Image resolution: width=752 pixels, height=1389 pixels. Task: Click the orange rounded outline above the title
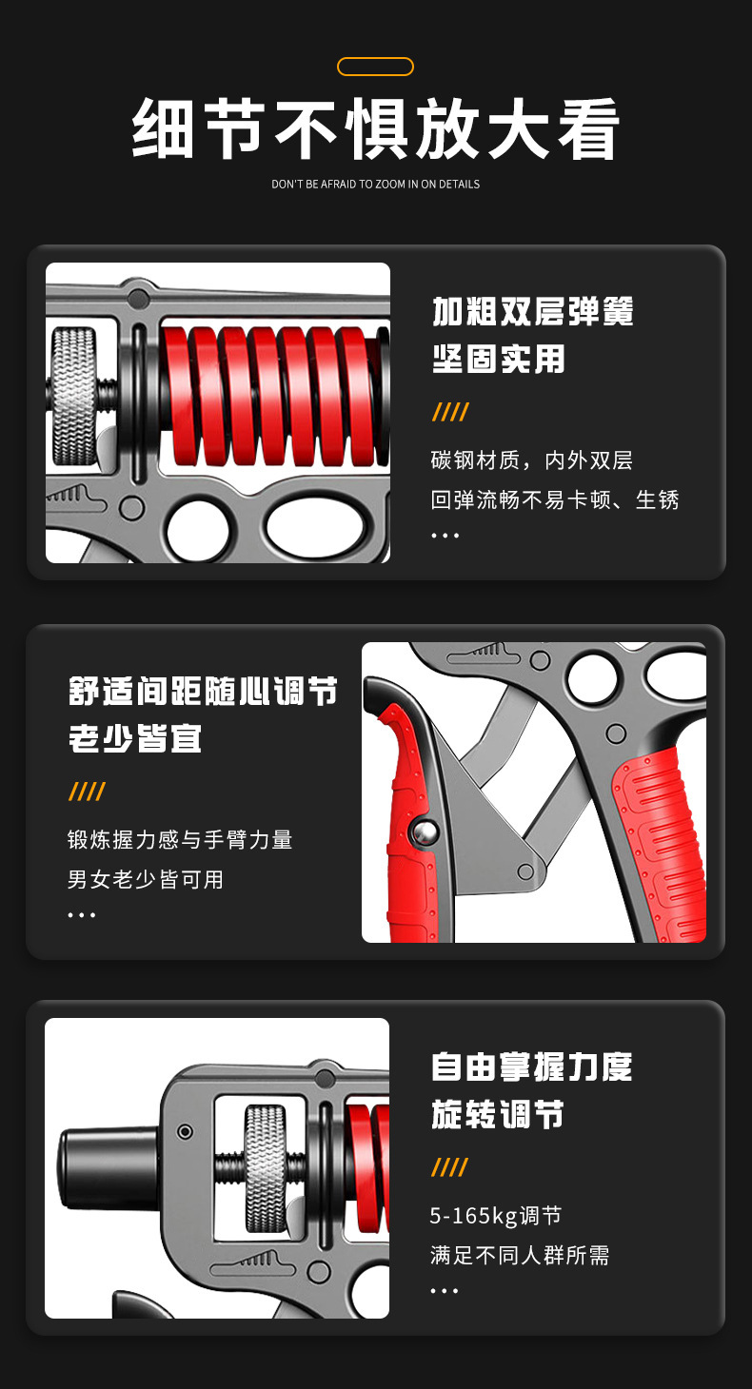(375, 58)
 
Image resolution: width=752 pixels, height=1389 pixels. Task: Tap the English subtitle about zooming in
(375, 185)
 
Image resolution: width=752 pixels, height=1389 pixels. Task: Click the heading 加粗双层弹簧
(533, 311)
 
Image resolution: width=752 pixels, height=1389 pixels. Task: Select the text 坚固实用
(498, 359)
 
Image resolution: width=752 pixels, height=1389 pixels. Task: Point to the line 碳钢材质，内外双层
(532, 460)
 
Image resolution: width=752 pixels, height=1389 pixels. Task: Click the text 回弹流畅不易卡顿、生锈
(555, 499)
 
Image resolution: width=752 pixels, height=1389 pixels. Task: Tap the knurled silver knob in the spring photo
(74, 396)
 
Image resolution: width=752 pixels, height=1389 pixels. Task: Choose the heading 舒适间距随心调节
(203, 691)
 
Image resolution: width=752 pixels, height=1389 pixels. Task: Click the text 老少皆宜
(135, 738)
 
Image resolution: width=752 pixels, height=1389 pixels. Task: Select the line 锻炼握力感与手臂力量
(180, 840)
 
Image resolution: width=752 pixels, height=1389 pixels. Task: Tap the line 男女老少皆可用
(146, 879)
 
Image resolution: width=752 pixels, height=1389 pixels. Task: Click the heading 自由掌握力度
(532, 1066)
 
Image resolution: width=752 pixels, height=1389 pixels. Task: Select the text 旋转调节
(498, 1114)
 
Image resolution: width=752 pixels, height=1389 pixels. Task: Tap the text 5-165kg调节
(495, 1216)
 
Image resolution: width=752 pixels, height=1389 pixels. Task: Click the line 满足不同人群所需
(520, 1255)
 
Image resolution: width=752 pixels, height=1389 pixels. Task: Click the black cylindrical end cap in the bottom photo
(109, 1168)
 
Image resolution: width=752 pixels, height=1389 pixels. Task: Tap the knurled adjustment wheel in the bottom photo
(266, 1169)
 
